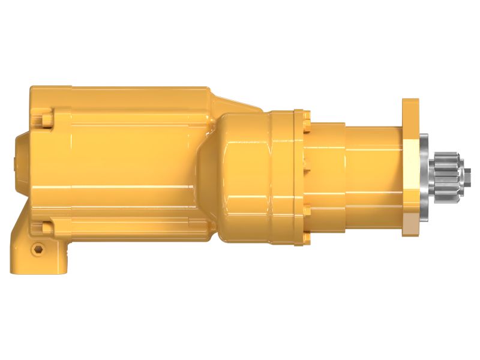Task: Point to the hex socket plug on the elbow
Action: tap(38, 248)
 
